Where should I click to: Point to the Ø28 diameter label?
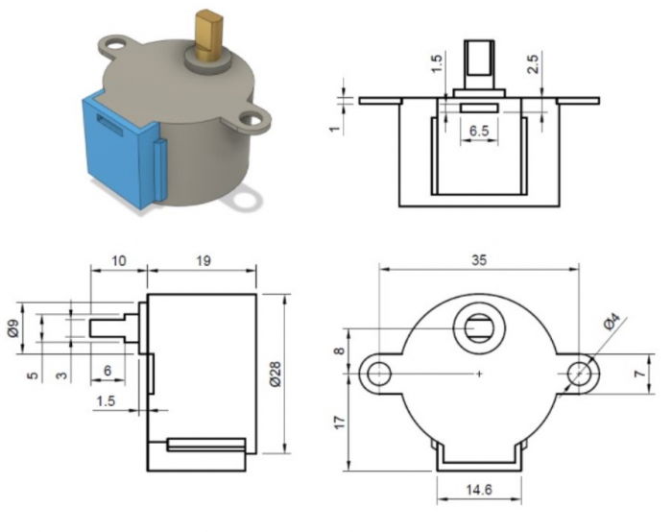[275, 375]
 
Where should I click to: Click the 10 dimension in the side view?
[118, 260]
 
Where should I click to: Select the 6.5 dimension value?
[481, 130]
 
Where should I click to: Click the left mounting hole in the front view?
[380, 374]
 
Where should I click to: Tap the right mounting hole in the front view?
[579, 374]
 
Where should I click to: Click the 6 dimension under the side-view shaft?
[108, 370]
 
